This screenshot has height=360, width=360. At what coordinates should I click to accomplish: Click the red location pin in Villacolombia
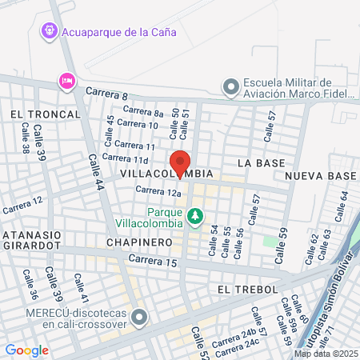point(180,162)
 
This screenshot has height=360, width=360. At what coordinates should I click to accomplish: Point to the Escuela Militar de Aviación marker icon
point(231,86)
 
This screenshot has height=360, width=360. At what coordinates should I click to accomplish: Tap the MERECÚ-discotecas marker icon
point(140,318)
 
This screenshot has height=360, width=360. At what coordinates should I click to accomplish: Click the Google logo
point(26,350)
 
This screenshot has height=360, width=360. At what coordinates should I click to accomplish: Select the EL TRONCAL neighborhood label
point(46,114)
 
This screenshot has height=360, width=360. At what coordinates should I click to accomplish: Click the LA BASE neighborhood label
point(261,163)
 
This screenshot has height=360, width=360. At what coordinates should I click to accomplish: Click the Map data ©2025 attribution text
point(326,354)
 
